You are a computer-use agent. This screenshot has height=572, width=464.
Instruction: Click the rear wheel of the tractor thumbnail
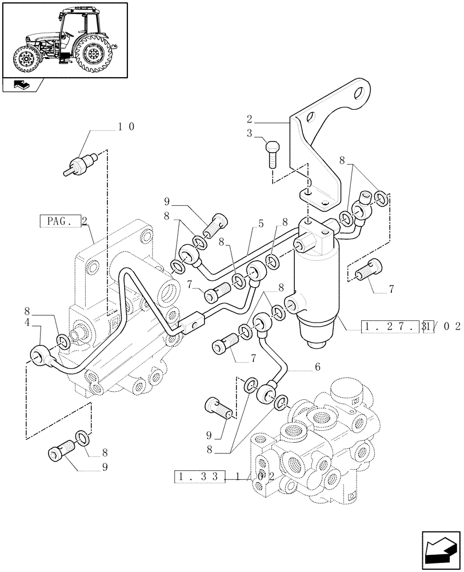(91, 54)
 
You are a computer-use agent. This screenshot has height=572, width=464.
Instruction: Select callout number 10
(126, 126)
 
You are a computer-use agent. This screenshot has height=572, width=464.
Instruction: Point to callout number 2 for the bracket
(250, 121)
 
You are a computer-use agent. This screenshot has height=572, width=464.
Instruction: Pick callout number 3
(250, 134)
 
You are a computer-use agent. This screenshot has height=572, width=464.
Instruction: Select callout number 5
(261, 224)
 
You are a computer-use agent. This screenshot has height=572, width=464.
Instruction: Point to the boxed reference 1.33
(200, 475)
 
